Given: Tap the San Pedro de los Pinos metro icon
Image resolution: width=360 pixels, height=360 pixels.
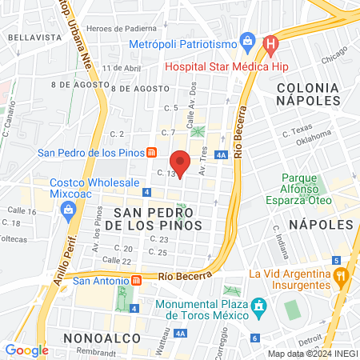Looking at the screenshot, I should (x=151, y=153).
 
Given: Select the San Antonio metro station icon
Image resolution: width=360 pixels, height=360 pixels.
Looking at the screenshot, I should (x=136, y=280).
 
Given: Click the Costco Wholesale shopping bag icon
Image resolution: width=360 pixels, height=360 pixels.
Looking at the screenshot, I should (x=69, y=210).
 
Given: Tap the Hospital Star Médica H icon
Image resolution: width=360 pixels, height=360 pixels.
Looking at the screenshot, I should (x=272, y=43).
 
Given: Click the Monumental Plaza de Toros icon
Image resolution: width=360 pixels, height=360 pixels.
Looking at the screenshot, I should (x=258, y=306).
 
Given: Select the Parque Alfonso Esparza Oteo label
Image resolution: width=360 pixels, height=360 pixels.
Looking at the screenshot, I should (x=310, y=188).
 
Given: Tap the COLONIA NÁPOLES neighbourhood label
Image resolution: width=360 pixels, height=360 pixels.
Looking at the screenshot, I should (x=314, y=91).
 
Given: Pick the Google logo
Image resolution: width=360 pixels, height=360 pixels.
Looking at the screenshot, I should (x=26, y=350).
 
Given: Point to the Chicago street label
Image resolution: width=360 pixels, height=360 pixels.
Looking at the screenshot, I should (x=334, y=59).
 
